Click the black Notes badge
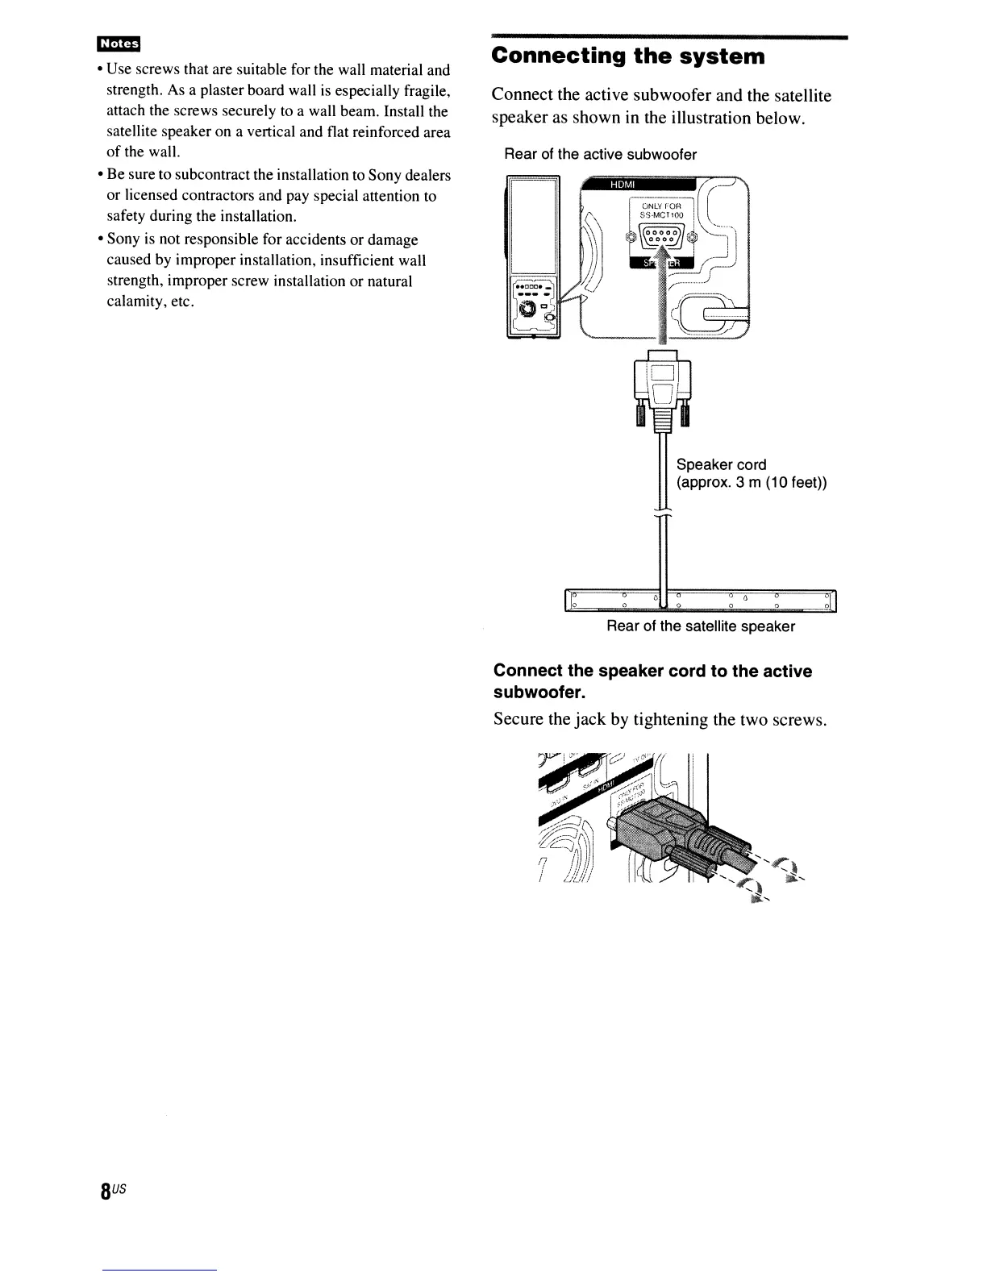pyautogui.click(x=118, y=44)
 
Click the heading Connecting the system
pyautogui.click(x=628, y=56)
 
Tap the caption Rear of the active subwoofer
pyautogui.click(x=600, y=154)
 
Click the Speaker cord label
pyautogui.click(x=721, y=464)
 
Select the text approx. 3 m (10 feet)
pyautogui.click(x=752, y=483)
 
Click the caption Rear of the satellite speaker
pyautogui.click(x=700, y=626)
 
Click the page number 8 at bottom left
pyautogui.click(x=106, y=1192)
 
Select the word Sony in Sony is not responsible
pyautogui.click(x=123, y=240)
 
